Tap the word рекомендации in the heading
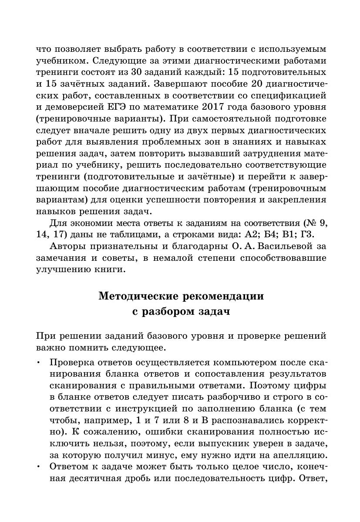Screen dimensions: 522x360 point(229,296)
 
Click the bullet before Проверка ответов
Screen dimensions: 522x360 point(38,363)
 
